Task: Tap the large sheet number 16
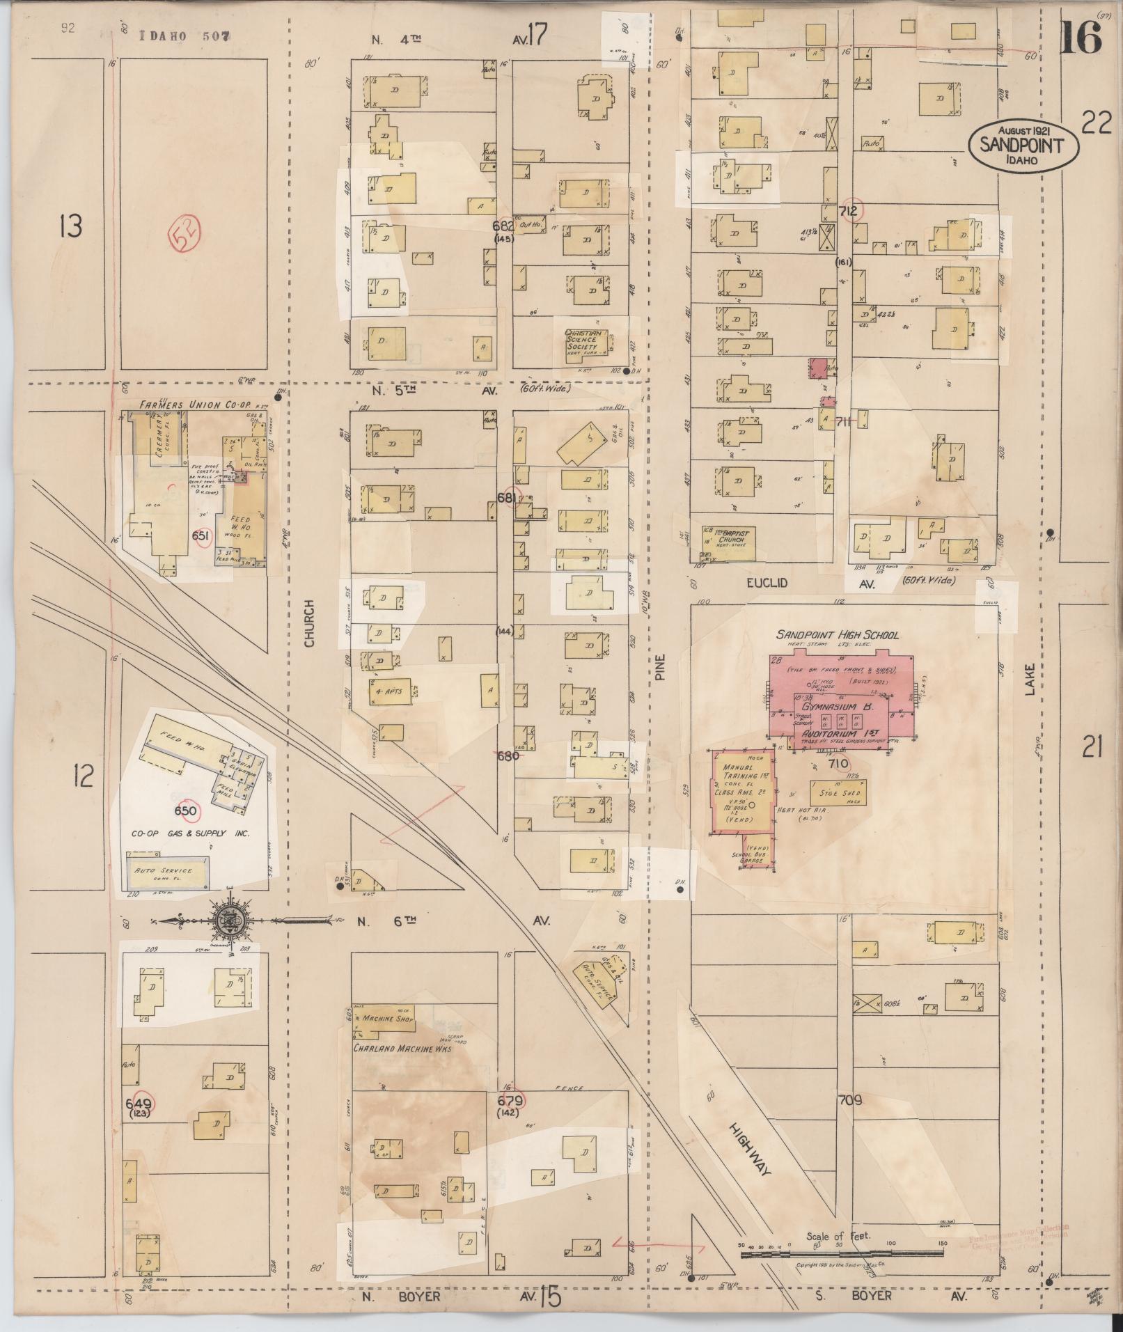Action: pyautogui.click(x=1081, y=37)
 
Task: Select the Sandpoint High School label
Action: pyautogui.click(x=838, y=635)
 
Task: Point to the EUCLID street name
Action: pyautogui.click(x=767, y=582)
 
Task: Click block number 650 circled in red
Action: pyautogui.click(x=186, y=811)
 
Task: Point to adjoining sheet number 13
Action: pyautogui.click(x=70, y=227)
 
